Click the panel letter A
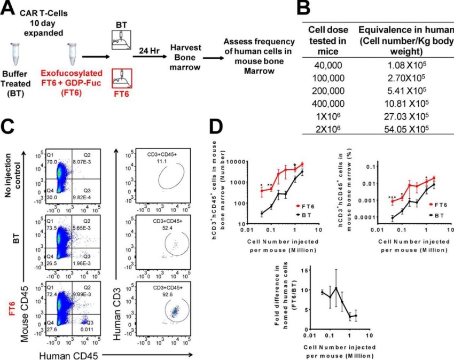[10, 9]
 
